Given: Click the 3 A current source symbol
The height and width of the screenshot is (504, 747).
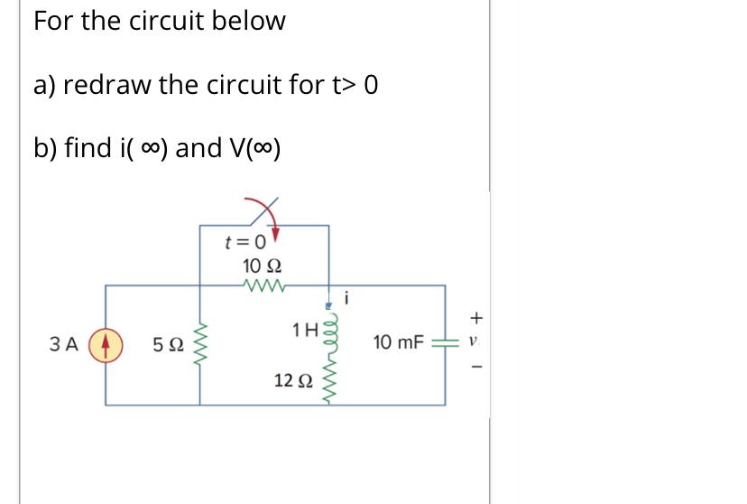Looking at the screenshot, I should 106,344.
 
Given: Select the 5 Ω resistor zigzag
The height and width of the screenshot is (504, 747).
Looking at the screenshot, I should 198,344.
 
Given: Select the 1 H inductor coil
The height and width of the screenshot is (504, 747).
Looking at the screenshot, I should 329,330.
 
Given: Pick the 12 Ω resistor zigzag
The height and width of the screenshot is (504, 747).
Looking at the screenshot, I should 329,379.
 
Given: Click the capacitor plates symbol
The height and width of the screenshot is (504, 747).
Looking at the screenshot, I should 444,344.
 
